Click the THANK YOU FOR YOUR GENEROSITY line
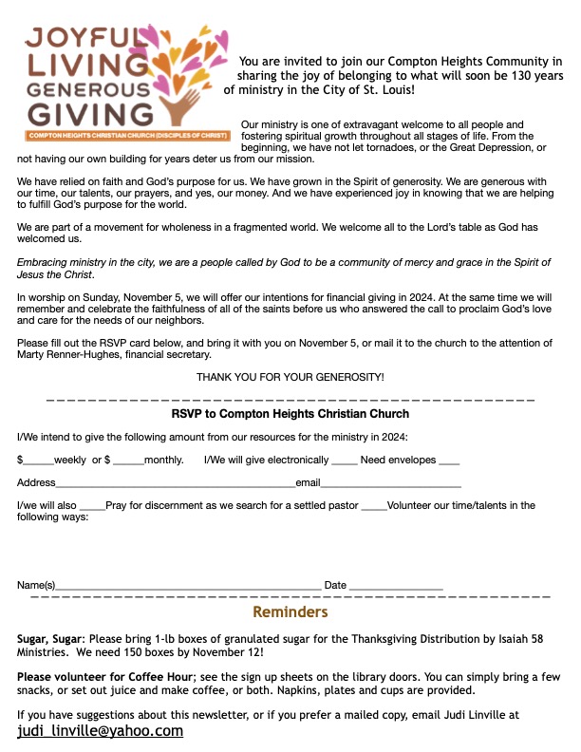pyautogui.click(x=290, y=377)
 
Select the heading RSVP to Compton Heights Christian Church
pyautogui.click(x=290, y=414)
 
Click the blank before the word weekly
pyautogui.click(x=39, y=461)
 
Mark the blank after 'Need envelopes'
pyautogui.click(x=449, y=461)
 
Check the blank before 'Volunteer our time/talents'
pyautogui.click(x=374, y=506)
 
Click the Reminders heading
pyautogui.click(x=290, y=612)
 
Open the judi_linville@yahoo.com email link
pyautogui.click(x=100, y=731)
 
